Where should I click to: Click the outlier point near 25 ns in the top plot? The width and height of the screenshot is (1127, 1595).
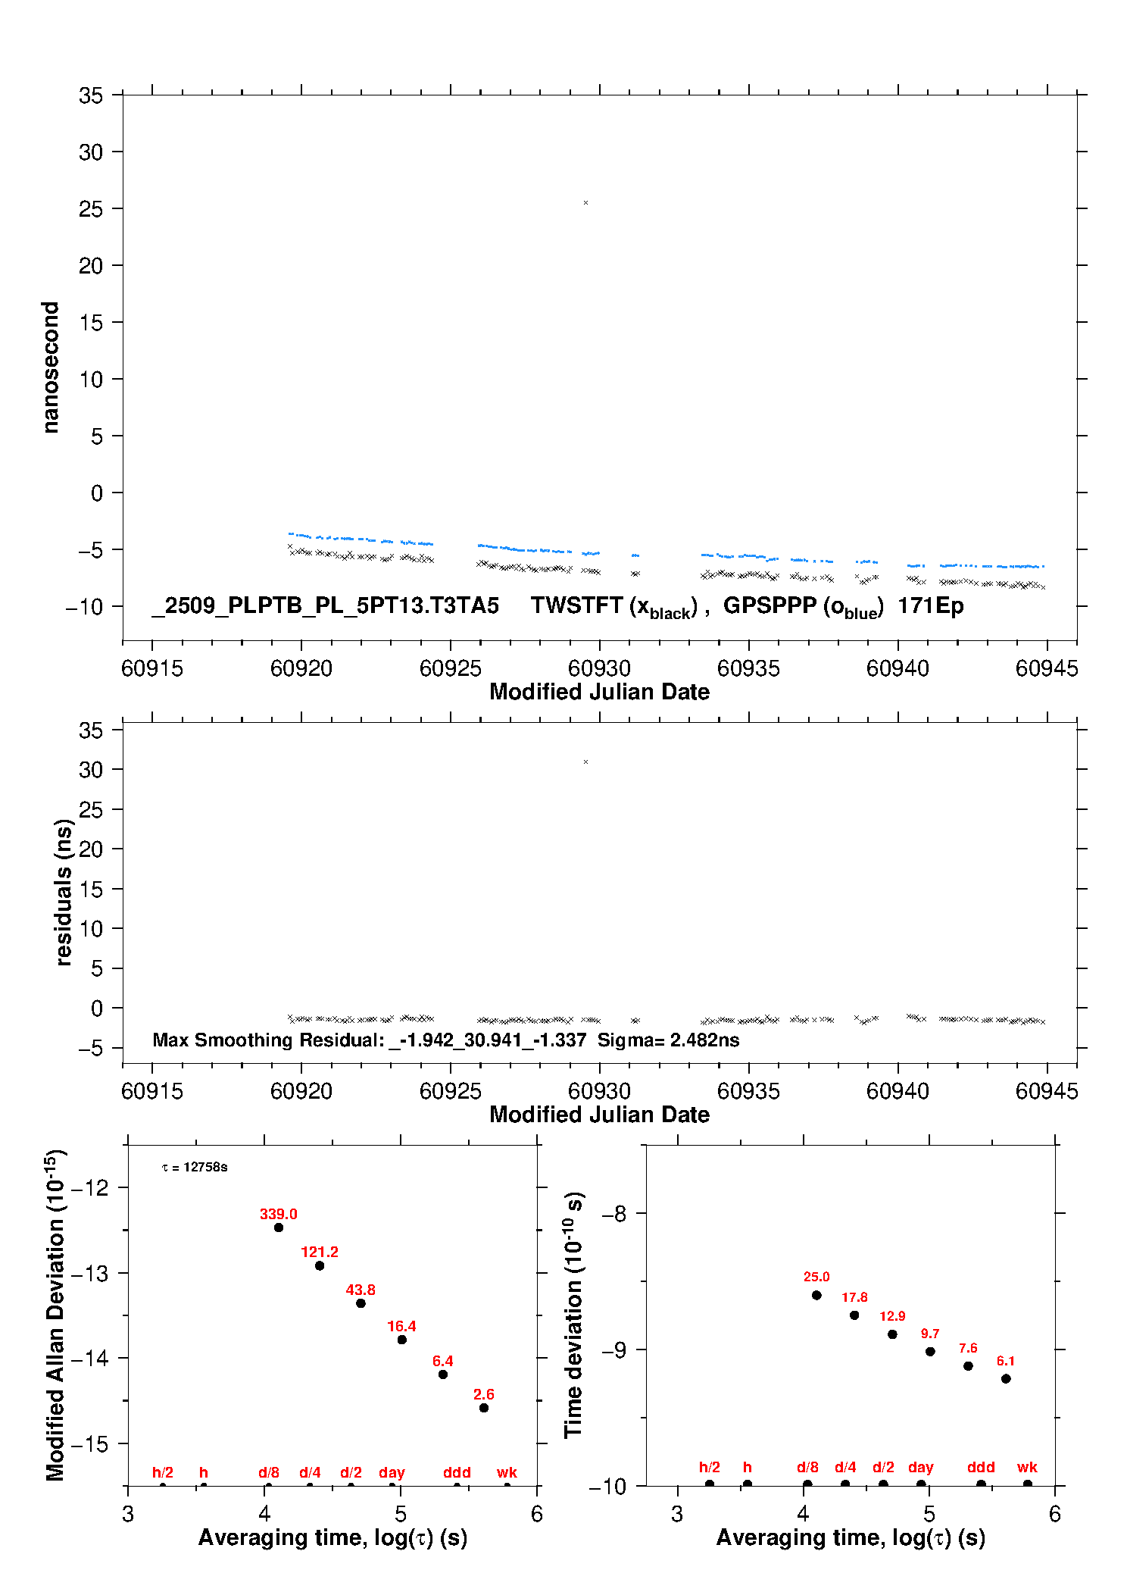coord(585,203)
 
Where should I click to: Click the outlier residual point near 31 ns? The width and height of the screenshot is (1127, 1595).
coord(585,762)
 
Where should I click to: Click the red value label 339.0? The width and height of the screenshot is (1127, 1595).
coord(278,1214)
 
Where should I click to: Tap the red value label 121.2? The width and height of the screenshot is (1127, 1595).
coord(319,1252)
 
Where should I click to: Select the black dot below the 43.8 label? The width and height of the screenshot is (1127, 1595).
coord(361,1303)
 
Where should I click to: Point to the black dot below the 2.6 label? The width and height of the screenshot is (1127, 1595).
coord(484,1408)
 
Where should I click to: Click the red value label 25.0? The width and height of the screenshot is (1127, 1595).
coord(816,1277)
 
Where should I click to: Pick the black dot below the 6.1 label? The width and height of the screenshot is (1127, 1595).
coord(1006,1378)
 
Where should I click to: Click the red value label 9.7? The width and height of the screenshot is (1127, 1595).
coord(930,1334)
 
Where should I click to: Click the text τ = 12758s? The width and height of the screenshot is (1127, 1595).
coord(195,1167)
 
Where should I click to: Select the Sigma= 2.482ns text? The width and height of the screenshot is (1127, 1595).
coord(668,1040)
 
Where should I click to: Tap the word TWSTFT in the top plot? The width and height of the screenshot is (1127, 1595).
coord(576,605)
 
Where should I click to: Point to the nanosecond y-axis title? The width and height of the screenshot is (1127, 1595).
coord(50,367)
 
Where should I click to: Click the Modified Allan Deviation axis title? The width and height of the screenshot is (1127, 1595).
coord(55,1315)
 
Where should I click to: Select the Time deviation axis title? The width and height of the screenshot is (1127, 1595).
coord(573,1315)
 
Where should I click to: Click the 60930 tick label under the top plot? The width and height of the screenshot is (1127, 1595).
coord(599,668)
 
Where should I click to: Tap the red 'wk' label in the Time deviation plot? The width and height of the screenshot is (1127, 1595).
coord(1027,1467)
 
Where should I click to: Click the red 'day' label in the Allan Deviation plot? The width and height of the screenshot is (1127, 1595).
coord(392,1472)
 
